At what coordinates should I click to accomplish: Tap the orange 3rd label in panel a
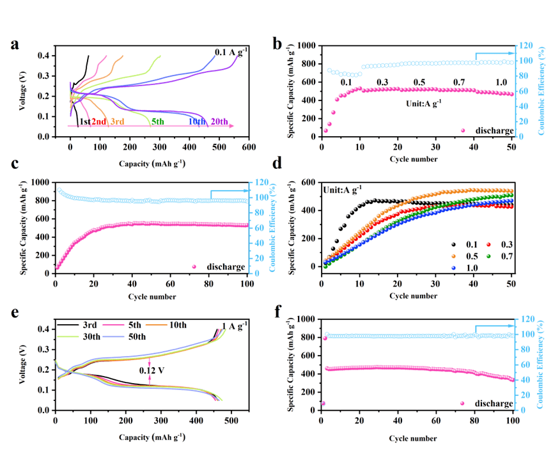(117, 122)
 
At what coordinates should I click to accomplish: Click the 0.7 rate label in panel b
(459, 83)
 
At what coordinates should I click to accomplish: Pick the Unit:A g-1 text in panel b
(424, 102)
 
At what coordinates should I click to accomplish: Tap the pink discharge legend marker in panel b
(463, 131)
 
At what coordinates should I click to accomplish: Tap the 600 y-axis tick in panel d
(309, 183)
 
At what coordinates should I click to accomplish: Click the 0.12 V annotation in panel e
(149, 369)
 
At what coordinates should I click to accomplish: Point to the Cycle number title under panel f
(416, 438)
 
